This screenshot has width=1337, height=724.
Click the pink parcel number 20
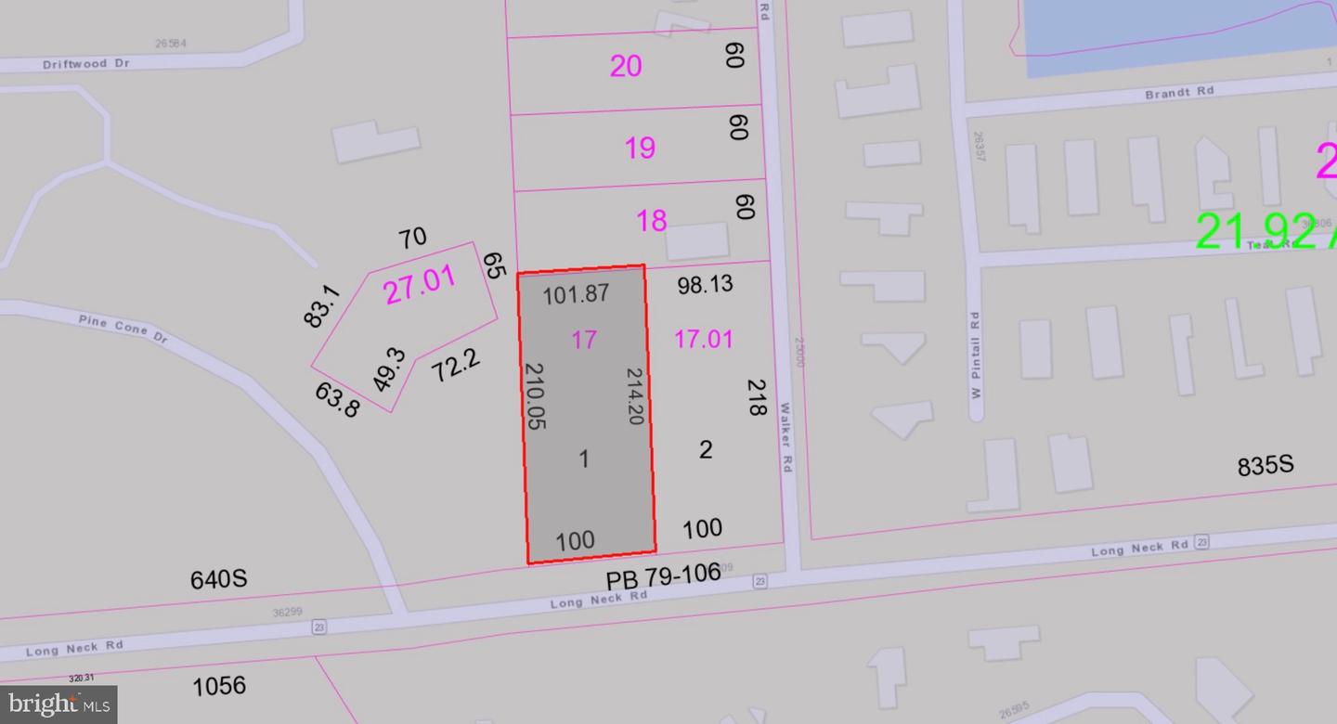click(626, 66)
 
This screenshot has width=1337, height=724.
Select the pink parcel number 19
click(640, 147)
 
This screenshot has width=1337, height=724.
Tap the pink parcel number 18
click(651, 221)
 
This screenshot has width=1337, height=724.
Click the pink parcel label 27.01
click(420, 285)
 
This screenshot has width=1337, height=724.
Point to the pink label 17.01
click(703, 339)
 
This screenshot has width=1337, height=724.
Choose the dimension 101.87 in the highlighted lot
click(576, 294)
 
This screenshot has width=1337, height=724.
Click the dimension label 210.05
click(535, 395)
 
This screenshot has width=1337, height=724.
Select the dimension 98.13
click(705, 284)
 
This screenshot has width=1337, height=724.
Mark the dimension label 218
click(757, 396)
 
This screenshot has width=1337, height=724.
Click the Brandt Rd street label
click(1179, 93)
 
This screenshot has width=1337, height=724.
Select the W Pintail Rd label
click(975, 355)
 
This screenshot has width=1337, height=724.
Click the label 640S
click(218, 579)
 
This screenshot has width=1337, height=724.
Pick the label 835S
click(1266, 466)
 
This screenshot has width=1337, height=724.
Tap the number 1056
click(219, 686)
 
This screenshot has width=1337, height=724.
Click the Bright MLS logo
click(58, 705)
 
